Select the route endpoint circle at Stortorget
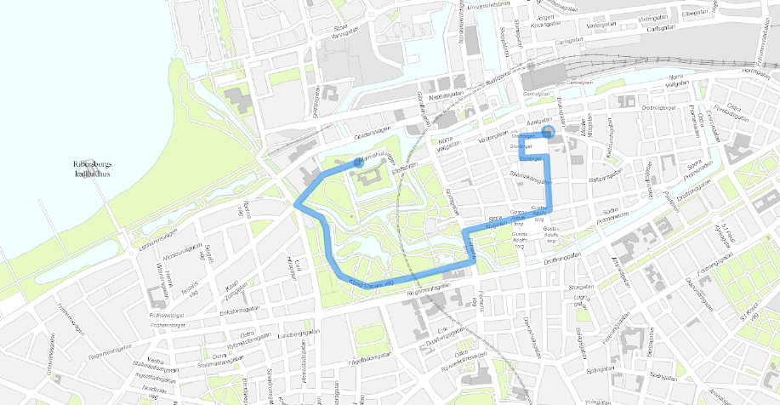point(549,132)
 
